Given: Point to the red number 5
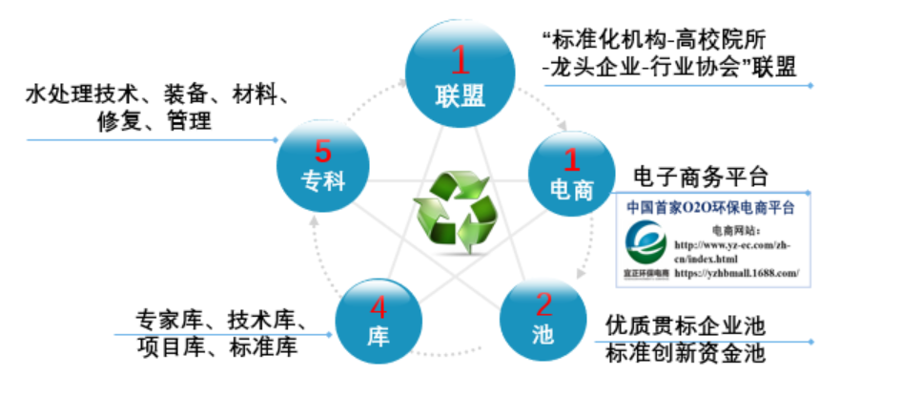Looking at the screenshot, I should click(x=322, y=150).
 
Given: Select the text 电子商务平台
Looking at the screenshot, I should click(x=701, y=177).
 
